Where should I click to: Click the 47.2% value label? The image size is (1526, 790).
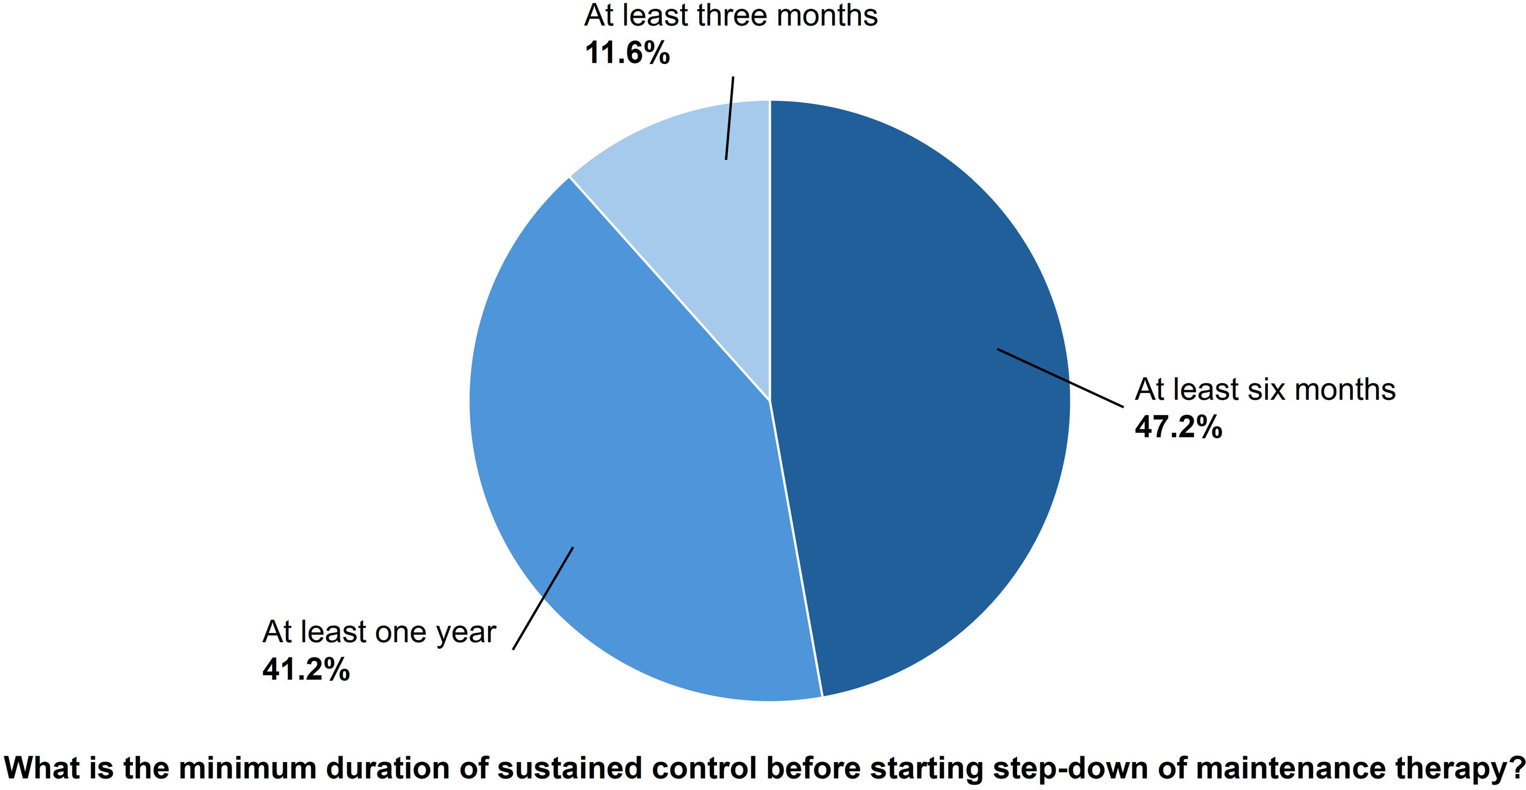coord(1178,426)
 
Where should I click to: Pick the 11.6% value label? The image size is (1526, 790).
coord(627,53)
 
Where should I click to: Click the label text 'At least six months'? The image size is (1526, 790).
coord(1265,390)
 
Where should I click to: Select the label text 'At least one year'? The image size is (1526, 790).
coord(379,632)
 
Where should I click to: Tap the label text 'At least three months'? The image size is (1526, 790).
coord(731,15)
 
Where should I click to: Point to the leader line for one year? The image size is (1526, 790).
coord(543,598)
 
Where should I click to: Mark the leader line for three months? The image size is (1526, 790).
coord(730,118)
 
